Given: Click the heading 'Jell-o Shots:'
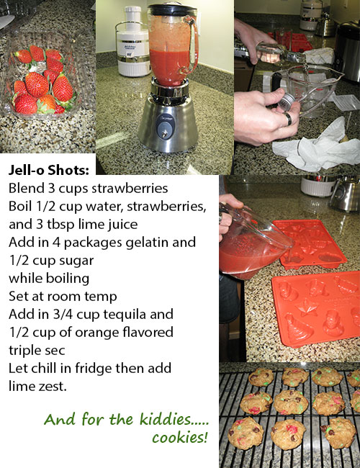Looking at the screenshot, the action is click(x=49, y=170).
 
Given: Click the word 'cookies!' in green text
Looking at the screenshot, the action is click(x=179, y=438).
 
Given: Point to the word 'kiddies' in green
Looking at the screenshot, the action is click(x=165, y=419).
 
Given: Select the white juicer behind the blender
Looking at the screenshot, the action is click(x=132, y=42).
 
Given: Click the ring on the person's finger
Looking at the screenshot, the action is click(x=287, y=119).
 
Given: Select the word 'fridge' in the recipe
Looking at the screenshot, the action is click(x=94, y=369).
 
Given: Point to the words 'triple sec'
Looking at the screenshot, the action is click(x=37, y=351).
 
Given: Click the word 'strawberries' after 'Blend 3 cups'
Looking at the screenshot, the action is click(x=130, y=189).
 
